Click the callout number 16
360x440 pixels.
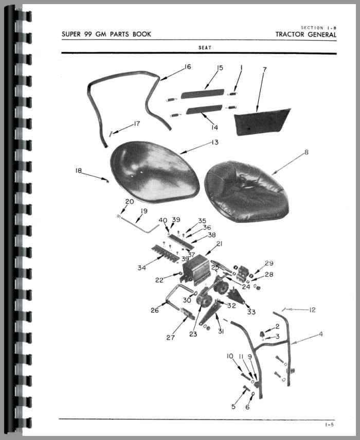tap(188, 67)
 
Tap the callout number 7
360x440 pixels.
tap(265, 69)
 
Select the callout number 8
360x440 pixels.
tap(307, 152)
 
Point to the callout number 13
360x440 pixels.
tap(215, 142)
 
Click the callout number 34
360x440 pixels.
tap(141, 268)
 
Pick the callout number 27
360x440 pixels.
tap(170, 338)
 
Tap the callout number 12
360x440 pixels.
tap(312, 310)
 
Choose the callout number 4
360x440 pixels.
tap(321, 334)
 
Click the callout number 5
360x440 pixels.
tap(233, 407)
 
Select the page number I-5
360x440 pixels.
tap(330, 425)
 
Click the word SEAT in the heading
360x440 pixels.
tap(205, 48)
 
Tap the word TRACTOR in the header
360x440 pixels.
tap(290, 34)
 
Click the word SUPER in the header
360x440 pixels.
tap(71, 34)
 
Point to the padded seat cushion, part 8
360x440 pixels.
tap(246, 191)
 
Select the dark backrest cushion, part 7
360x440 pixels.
tap(261, 121)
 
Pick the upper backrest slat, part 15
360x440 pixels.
tap(203, 94)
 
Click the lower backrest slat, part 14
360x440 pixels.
tap(204, 110)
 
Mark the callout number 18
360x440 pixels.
tap(78, 170)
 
